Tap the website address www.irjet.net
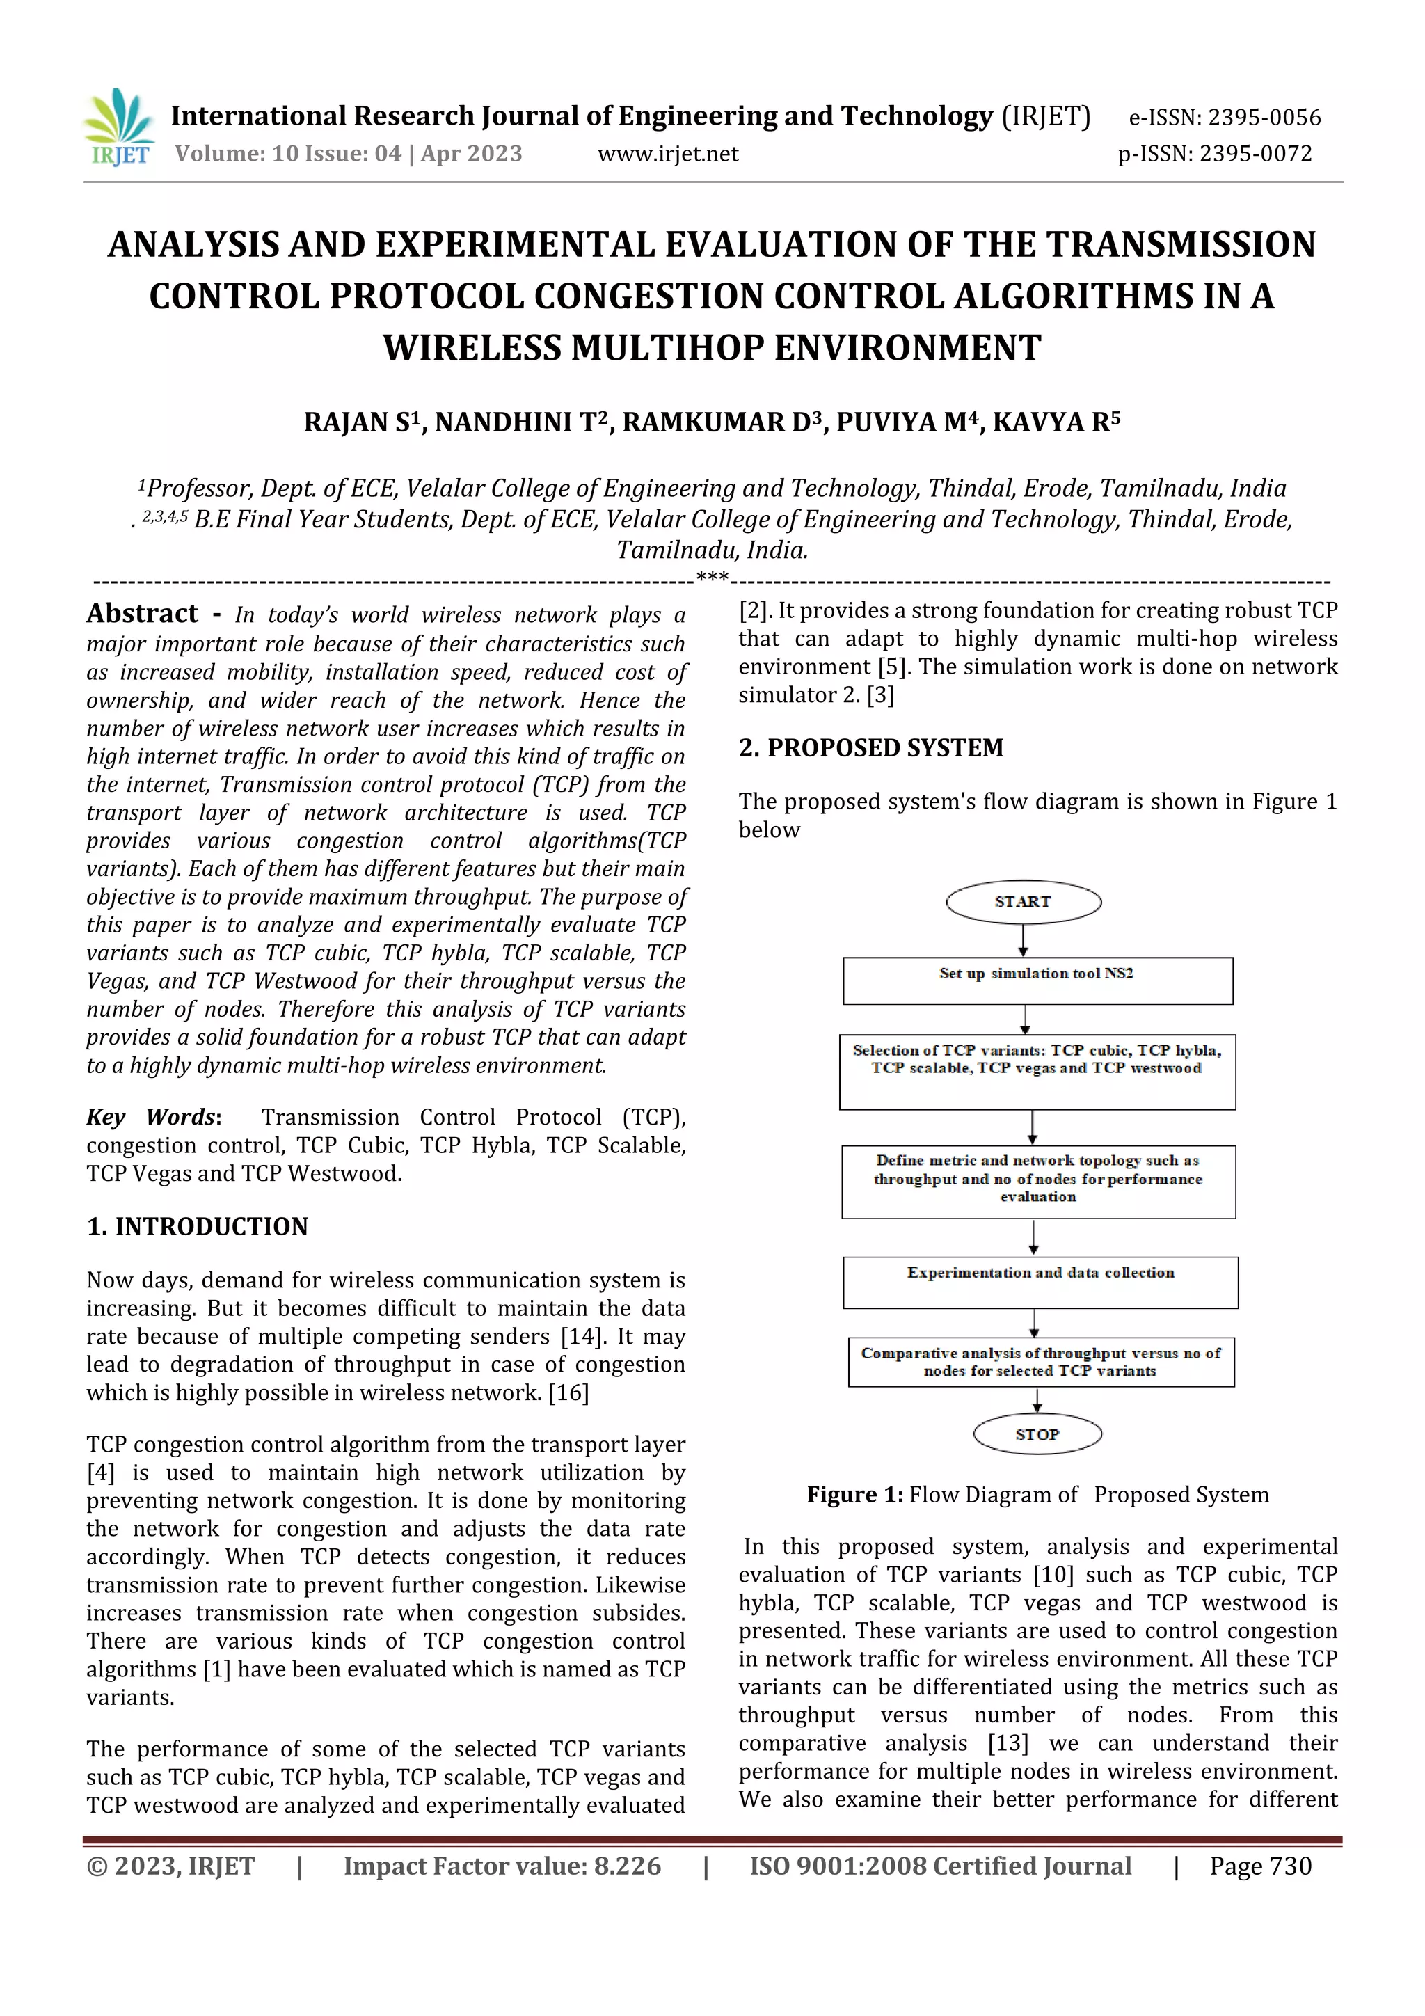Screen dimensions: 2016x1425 (x=667, y=154)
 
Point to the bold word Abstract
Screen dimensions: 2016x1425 (x=142, y=613)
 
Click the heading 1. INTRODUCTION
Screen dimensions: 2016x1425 (x=198, y=1227)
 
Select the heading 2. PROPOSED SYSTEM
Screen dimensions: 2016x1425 (x=870, y=748)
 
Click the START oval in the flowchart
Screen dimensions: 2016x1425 (x=1023, y=902)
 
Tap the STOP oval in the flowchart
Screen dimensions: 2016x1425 (x=1037, y=1435)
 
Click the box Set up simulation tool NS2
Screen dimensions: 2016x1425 (x=1037, y=980)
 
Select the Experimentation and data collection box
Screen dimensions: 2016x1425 (x=1040, y=1282)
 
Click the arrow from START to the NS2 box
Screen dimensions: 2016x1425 (x=1023, y=940)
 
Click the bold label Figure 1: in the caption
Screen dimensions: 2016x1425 (x=854, y=1495)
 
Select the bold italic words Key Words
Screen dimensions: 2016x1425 (x=151, y=1117)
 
